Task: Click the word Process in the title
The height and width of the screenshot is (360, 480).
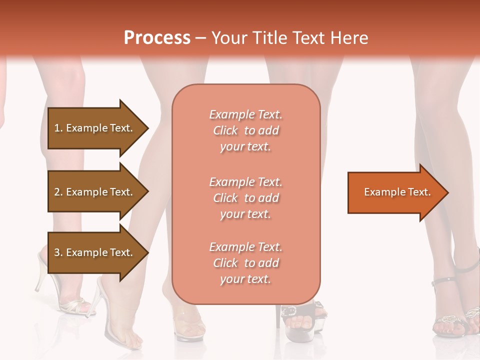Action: (x=157, y=37)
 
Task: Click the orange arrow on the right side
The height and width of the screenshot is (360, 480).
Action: (x=395, y=192)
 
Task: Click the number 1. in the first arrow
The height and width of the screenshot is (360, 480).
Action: (x=58, y=128)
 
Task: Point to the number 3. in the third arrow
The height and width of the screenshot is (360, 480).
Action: (x=58, y=252)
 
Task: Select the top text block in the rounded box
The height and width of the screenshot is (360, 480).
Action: (x=245, y=130)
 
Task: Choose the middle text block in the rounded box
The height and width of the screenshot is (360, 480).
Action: (x=245, y=198)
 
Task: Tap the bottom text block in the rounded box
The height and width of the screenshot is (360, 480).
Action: (x=245, y=263)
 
